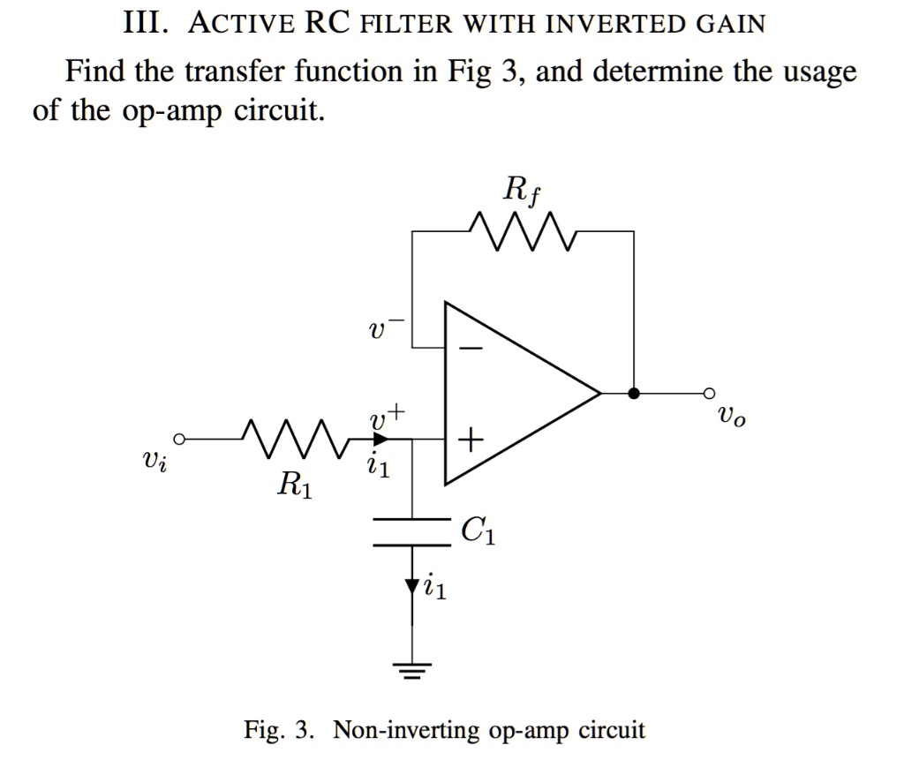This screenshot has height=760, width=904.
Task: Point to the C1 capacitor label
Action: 478,532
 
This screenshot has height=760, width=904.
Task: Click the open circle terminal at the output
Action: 707,393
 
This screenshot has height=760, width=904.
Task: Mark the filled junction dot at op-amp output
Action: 633,393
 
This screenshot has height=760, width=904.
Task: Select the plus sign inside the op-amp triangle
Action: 471,439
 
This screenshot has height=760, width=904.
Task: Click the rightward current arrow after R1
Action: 380,439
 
